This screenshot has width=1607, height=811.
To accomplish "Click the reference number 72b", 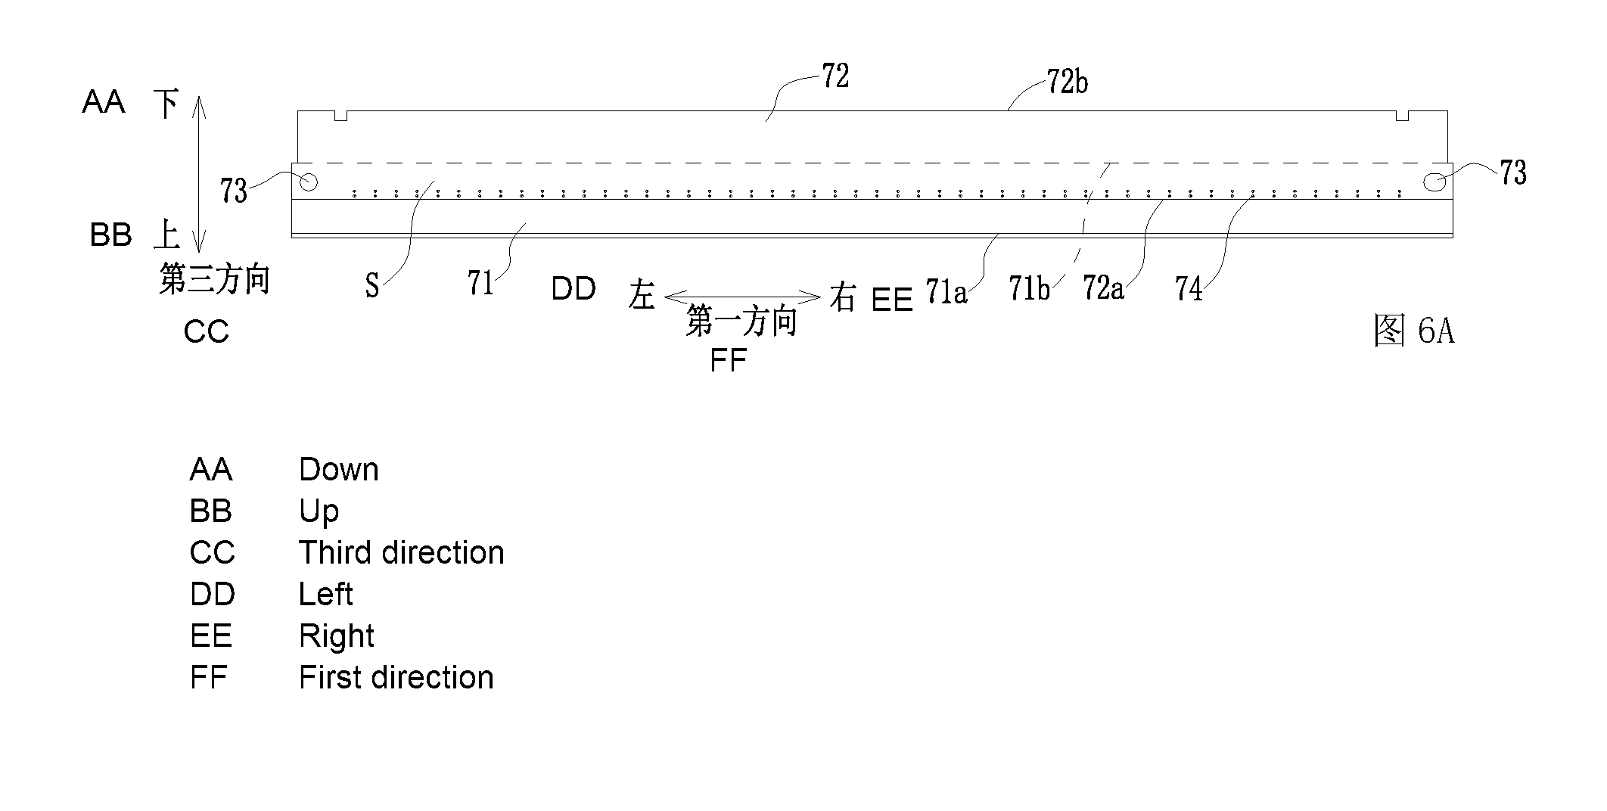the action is (x=1068, y=82).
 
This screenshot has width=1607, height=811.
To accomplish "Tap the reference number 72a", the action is (x=1103, y=287).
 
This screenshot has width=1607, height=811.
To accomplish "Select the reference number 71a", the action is (x=946, y=291).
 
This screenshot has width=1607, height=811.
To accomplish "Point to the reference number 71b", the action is (x=1029, y=287).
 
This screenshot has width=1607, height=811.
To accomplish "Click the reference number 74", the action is (x=1189, y=289).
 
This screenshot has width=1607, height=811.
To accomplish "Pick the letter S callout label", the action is (x=371, y=286).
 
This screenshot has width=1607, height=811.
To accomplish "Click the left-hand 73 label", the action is (x=234, y=191).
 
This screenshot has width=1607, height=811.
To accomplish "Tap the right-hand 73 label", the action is (x=1513, y=173).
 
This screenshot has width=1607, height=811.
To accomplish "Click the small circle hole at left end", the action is (x=309, y=182).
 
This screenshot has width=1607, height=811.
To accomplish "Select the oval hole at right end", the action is (x=1434, y=182).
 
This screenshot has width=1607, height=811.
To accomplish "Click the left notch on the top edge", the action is (x=340, y=115).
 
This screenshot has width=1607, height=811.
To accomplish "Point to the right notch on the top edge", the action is (x=1402, y=115).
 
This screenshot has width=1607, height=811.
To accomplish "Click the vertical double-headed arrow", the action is (x=198, y=174).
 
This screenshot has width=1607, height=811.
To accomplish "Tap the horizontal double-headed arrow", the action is (x=742, y=297).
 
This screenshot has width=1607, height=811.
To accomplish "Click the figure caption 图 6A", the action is (x=1413, y=331).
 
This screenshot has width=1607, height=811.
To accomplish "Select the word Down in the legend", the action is (x=338, y=470).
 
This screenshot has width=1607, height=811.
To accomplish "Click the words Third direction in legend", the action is (x=401, y=553).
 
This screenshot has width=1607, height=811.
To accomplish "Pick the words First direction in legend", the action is (x=396, y=678).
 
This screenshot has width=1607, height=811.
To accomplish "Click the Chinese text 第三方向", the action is (x=214, y=278).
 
